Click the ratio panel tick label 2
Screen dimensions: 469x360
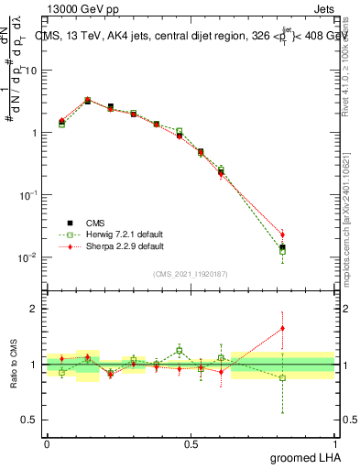pyautogui.click(x=36, y=309)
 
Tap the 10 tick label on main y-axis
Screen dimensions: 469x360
pyautogui.click(x=32, y=71)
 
